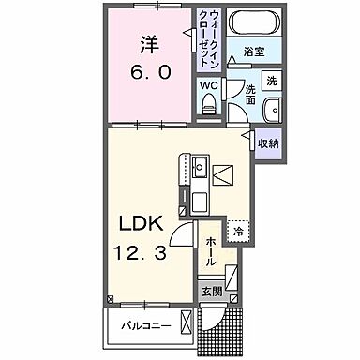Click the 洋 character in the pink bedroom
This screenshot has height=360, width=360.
point(150,43)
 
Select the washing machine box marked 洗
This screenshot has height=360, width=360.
point(270,81)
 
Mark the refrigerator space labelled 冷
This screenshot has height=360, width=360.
point(240,232)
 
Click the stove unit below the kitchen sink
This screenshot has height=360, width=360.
point(199,201)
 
